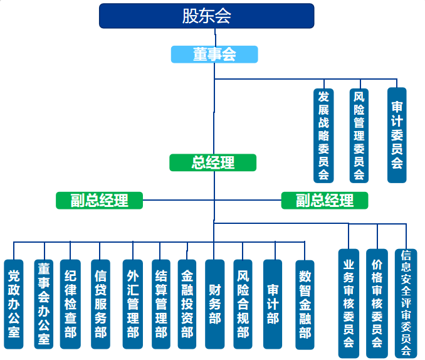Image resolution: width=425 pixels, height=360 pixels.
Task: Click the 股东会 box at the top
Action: [206, 16]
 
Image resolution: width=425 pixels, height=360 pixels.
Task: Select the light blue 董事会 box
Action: [214, 55]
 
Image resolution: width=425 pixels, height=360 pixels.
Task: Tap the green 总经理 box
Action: [212, 162]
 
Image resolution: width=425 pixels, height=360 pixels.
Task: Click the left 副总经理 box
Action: [99, 201]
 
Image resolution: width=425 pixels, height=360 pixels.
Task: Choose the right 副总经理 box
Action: [325, 201]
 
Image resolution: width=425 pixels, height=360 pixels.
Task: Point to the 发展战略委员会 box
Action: [323, 135]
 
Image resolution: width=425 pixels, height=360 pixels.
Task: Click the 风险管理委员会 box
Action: [359, 135]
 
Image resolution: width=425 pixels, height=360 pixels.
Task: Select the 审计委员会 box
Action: [397, 135]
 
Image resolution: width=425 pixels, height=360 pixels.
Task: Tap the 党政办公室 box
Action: [14, 304]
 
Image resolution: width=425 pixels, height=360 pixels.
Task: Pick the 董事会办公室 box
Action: [44, 304]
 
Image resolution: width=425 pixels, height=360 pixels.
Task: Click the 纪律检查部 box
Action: [70, 304]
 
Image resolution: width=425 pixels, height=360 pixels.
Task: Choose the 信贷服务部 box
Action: [100, 304]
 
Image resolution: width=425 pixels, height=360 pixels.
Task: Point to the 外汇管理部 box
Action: [133, 304]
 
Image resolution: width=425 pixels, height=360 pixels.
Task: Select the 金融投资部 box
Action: [187, 304]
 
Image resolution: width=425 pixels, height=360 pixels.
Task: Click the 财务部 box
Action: [215, 304]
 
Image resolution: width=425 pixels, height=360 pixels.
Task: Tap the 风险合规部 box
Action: [243, 304]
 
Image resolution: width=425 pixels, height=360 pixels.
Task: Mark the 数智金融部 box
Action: [305, 305]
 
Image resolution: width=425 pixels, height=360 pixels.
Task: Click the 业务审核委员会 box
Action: [349, 304]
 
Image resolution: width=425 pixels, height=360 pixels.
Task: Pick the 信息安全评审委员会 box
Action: [406, 304]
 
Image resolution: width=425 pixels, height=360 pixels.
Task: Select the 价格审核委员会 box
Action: [377, 304]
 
